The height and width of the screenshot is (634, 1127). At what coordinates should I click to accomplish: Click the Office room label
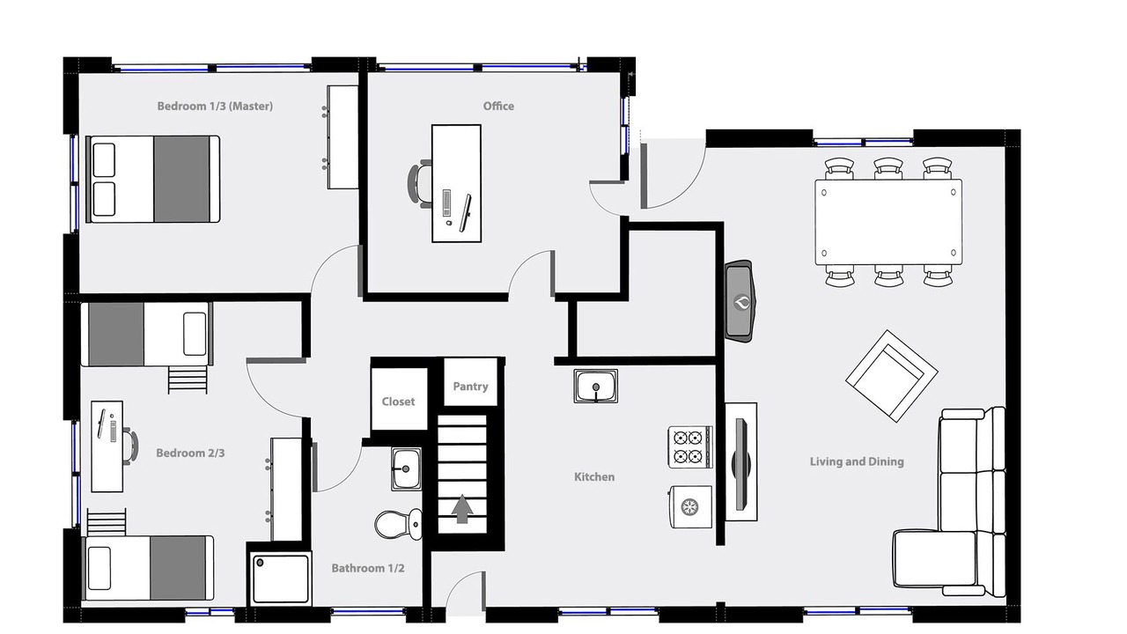(x=498, y=107)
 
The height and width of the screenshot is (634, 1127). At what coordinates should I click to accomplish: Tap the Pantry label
(x=470, y=387)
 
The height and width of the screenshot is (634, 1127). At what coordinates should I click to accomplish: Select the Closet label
(x=398, y=402)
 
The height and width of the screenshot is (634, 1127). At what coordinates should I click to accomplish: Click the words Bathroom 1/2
(x=368, y=568)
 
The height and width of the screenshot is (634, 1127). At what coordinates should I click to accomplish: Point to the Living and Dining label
(x=857, y=462)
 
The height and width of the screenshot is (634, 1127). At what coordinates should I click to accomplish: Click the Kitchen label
(x=594, y=476)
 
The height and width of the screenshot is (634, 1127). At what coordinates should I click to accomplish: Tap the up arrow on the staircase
(x=462, y=509)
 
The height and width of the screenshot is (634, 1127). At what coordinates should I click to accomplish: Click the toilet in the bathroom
(x=399, y=524)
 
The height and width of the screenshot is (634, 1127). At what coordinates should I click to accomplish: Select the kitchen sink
(x=596, y=387)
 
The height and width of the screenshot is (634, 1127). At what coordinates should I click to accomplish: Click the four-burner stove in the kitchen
(x=690, y=446)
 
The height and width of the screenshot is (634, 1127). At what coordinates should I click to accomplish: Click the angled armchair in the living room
(x=892, y=376)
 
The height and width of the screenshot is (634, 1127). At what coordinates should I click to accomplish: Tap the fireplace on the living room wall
(x=740, y=301)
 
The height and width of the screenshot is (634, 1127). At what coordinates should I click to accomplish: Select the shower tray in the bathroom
(x=280, y=579)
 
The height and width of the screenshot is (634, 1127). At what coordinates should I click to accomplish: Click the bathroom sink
(x=406, y=469)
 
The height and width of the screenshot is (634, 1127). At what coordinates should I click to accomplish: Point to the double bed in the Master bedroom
(x=153, y=179)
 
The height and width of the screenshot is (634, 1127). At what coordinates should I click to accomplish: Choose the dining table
(x=888, y=222)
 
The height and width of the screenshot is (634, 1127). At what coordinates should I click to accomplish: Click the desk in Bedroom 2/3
(x=107, y=446)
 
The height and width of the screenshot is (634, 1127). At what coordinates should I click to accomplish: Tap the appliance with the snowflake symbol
(x=690, y=506)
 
